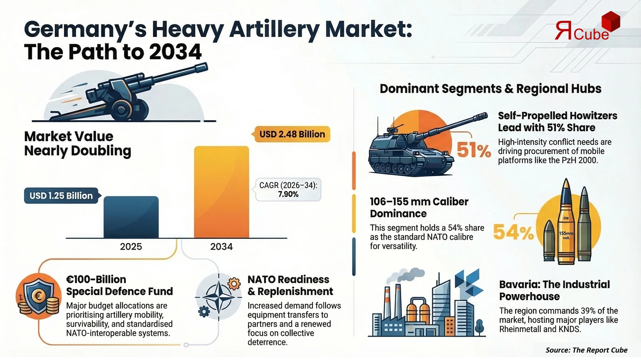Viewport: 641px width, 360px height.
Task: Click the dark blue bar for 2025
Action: coord(131,217)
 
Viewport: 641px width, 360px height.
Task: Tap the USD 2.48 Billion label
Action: coord(292,134)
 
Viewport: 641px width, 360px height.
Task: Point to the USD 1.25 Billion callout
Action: coord(61,196)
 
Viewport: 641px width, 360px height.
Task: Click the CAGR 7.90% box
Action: coord(288,190)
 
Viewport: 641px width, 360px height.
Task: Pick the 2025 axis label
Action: coord(131,247)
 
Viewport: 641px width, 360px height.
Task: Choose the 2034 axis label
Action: coord(221,247)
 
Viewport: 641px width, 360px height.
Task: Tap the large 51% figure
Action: coord(473,150)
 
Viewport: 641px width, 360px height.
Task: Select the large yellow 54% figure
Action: coord(513,233)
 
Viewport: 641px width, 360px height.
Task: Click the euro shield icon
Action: coord(38,296)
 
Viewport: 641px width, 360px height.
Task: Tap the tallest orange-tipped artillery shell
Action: coord(566,222)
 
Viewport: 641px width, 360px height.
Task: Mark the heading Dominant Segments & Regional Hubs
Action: coord(490,89)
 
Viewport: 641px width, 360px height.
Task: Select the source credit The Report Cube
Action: coord(586,350)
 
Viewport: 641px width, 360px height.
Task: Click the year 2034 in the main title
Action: coord(175,52)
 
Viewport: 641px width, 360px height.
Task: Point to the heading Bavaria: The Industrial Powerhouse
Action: coord(554,290)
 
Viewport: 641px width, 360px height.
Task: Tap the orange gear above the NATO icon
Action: coord(234,283)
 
